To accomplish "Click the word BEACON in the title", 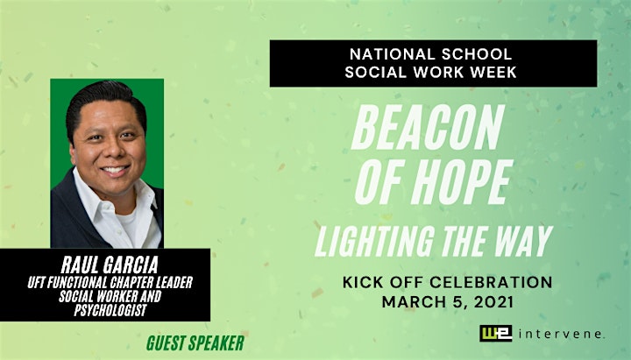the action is tap(428, 127).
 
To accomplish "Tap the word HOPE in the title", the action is tap(462, 182).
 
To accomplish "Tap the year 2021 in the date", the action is tap(493, 301).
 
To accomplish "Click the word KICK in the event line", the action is tap(363, 282).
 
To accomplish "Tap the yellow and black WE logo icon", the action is tap(495, 333).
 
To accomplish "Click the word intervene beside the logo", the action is tap(562, 334).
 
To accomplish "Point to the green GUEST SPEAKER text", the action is tap(195, 343).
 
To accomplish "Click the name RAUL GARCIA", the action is tap(110, 265).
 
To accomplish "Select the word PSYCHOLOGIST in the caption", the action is tap(110, 310).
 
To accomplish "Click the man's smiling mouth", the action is tap(115, 169).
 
